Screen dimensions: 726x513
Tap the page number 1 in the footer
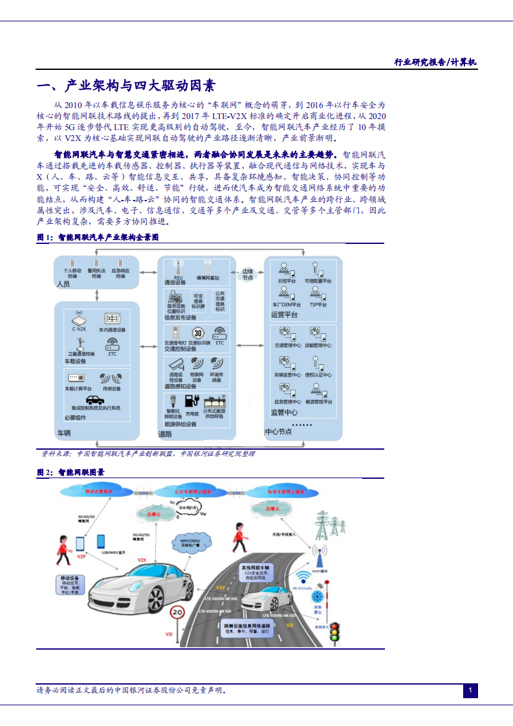tap(470, 691)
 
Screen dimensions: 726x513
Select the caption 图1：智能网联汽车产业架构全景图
tap(98, 238)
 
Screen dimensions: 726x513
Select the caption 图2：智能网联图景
tap(71, 472)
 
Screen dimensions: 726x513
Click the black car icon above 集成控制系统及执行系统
tap(94, 400)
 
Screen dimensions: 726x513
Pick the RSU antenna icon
tap(177, 267)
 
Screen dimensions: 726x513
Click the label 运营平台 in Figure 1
tap(284, 314)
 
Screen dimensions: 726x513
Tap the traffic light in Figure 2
tap(334, 632)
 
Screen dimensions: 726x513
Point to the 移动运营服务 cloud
tap(98, 492)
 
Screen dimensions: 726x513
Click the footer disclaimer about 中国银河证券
tap(132, 690)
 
